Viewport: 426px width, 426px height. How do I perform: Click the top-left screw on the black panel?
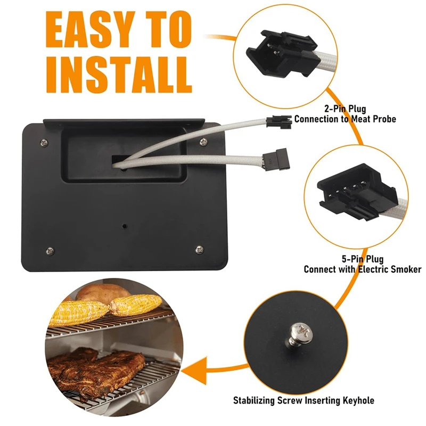tap(42, 142)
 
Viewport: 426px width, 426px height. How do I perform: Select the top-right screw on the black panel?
tap(203, 141)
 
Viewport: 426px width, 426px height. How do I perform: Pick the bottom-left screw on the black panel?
tap(50, 250)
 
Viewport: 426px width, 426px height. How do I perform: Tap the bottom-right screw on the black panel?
tap(199, 249)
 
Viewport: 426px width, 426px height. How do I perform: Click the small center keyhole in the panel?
tap(124, 226)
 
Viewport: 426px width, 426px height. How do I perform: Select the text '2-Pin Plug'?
tap(346, 110)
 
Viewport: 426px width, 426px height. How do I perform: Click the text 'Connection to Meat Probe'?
tap(345, 119)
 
